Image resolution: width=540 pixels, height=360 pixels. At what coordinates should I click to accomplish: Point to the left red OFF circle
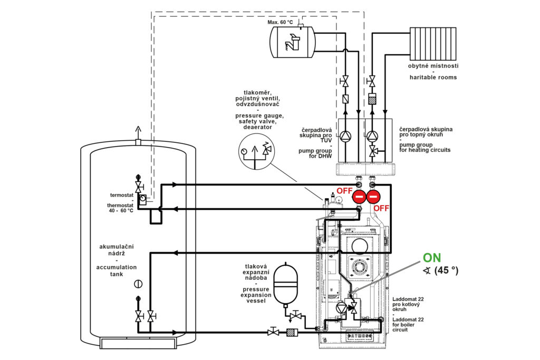(x=359, y=198)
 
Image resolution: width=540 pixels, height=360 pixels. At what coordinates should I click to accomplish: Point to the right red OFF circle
(x=373, y=198)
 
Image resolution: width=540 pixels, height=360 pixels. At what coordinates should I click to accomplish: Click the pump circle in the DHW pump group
(x=345, y=136)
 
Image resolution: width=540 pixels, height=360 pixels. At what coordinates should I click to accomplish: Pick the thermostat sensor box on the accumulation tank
(x=142, y=199)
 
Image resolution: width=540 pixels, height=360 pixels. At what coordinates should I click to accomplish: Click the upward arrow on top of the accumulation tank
(x=138, y=132)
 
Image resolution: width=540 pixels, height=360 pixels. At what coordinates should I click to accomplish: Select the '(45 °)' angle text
(x=446, y=271)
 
